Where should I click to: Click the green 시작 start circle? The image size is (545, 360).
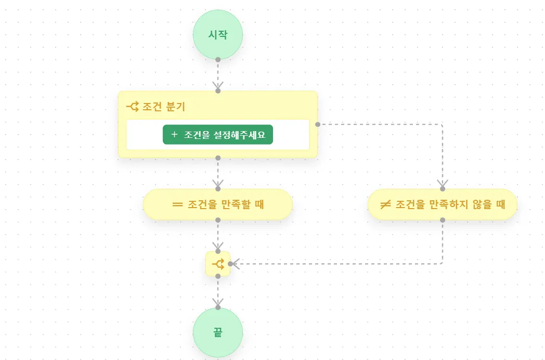218,34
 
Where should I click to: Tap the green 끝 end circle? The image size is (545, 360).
218,332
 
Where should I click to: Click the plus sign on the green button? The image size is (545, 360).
174,134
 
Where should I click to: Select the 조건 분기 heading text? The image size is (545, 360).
164,107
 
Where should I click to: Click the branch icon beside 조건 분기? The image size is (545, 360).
133,107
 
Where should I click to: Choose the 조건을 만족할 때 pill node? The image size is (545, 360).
218,204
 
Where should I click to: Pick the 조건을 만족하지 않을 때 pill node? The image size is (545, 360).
443,204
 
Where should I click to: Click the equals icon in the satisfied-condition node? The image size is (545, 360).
177,204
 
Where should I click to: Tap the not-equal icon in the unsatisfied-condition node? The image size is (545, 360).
385,204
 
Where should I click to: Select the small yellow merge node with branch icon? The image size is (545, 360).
218,264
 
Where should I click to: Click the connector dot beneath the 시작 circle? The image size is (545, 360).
218,59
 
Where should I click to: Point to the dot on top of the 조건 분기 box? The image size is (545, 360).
218,91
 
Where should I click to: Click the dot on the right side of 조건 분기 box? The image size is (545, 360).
317,124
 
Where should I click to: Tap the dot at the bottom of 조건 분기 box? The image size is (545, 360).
218,158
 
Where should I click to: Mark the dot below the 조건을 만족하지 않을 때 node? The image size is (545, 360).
443,220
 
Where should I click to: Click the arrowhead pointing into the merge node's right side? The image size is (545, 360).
235,264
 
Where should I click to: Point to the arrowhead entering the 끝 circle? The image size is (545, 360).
218,303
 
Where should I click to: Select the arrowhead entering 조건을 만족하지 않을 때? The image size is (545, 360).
443,184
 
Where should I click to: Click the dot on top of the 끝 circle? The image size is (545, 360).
218,307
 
